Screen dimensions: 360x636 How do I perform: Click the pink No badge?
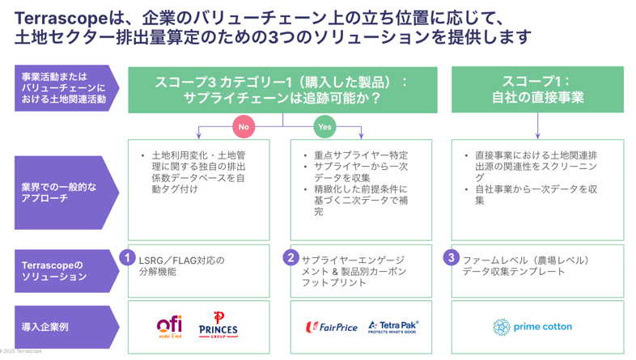[244, 126]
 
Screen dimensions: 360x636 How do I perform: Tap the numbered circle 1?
[127, 257]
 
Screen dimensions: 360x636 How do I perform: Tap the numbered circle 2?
[290, 257]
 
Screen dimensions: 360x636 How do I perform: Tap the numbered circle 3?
[452, 257]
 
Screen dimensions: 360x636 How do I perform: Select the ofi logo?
[169, 326]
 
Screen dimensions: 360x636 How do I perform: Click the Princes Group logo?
[218, 324]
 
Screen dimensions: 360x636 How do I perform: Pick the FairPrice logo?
[332, 327]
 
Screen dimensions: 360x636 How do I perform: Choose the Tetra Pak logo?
[392, 326]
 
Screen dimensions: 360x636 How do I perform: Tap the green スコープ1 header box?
[537, 89]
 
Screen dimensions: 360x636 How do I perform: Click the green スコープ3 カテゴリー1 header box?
[282, 89]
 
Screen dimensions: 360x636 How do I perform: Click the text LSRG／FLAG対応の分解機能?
[181, 266]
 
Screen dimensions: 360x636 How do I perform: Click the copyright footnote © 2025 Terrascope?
[21, 352]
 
